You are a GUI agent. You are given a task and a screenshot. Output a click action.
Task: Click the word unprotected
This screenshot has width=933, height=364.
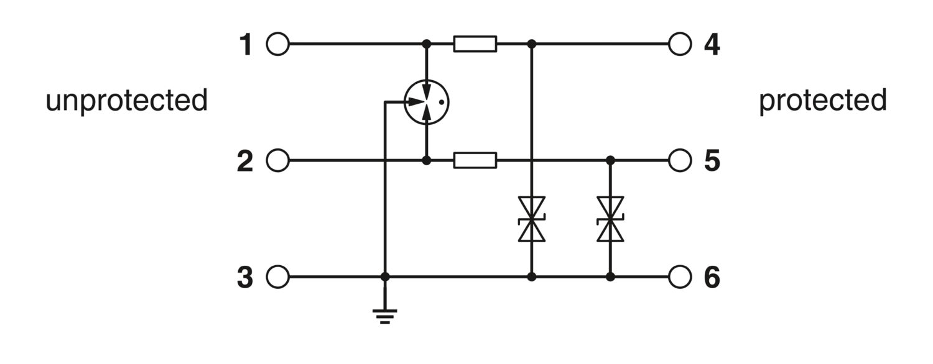click(x=127, y=101)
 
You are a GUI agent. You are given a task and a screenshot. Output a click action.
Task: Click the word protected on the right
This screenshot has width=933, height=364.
click(x=823, y=101)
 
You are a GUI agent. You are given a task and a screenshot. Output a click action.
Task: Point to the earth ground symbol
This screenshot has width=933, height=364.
click(x=385, y=317)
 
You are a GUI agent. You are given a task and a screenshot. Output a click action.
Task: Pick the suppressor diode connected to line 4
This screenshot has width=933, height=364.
click(x=531, y=219)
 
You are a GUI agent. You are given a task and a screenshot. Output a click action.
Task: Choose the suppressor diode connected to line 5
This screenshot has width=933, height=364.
click(x=610, y=219)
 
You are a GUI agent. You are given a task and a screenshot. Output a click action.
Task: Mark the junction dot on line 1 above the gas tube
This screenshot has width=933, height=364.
click(x=427, y=43)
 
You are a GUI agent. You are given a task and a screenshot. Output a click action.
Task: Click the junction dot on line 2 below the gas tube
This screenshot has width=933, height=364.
click(x=427, y=160)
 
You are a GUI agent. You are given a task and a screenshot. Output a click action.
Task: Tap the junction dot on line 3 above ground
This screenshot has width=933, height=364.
click(x=385, y=276)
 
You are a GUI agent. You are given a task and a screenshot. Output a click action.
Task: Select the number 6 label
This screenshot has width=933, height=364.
click(x=712, y=277)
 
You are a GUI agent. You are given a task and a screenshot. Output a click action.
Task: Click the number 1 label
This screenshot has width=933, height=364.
click(x=246, y=45)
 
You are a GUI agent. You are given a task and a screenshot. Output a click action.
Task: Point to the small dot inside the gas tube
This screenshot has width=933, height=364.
click(x=442, y=102)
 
